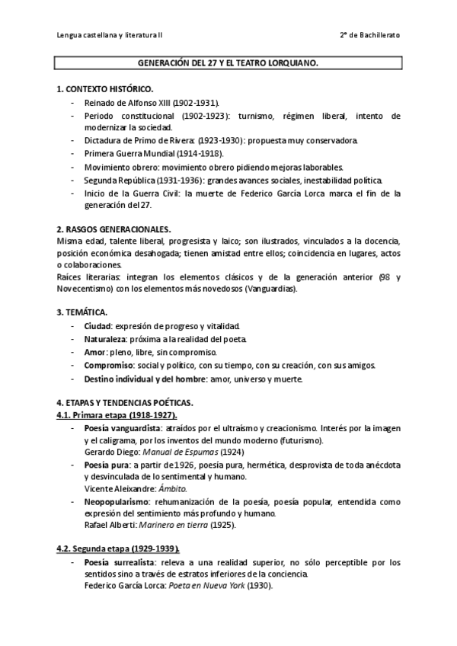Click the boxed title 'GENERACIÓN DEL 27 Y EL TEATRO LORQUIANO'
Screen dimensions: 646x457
(x=228, y=66)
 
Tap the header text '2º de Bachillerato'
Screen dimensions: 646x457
(x=369, y=35)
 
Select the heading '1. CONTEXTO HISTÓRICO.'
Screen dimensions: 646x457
(x=105, y=89)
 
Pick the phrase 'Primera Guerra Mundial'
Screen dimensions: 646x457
(x=123, y=154)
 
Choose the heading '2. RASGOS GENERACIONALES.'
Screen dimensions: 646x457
(x=114, y=229)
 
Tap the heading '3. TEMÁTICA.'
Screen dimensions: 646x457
(x=82, y=312)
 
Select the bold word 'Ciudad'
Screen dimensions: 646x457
(x=97, y=326)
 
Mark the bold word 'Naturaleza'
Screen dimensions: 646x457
(x=105, y=339)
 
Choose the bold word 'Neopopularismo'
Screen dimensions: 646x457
(x=115, y=502)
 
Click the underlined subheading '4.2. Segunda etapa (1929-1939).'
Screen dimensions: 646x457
(x=118, y=548)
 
